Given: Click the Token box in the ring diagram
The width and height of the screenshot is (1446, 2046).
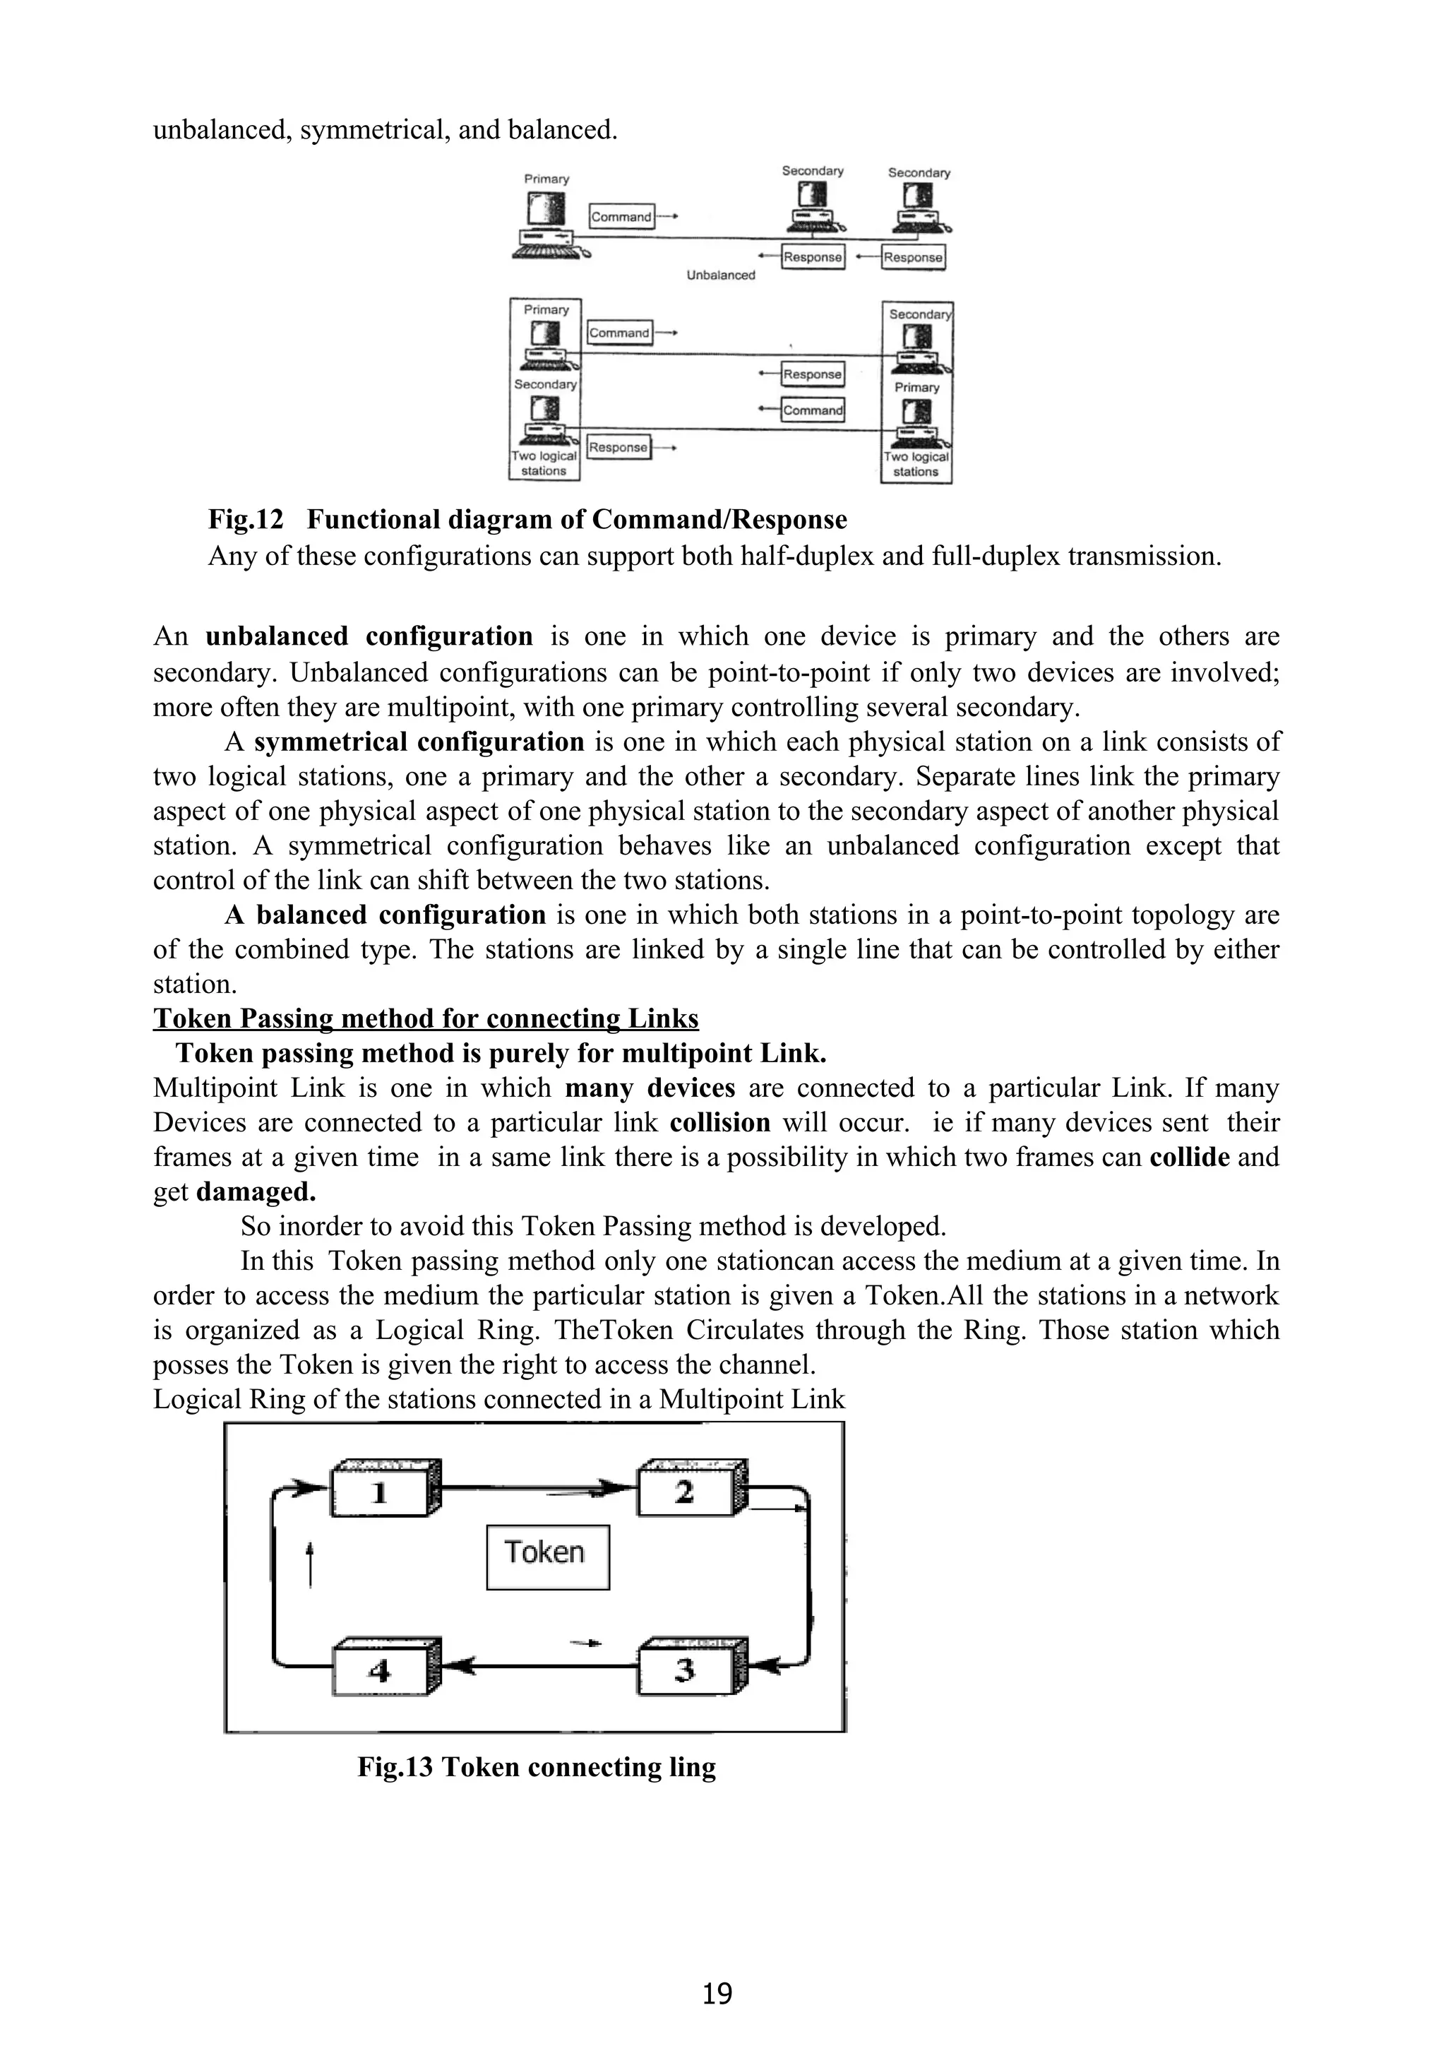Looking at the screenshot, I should [x=547, y=1557].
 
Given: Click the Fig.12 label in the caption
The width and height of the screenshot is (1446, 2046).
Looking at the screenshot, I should [x=245, y=520].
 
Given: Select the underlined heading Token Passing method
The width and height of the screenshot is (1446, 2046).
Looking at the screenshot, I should [x=426, y=1018].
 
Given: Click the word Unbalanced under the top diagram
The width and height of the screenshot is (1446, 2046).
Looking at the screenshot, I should [x=720, y=275].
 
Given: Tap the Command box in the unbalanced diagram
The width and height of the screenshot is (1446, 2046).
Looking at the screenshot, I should [x=621, y=217].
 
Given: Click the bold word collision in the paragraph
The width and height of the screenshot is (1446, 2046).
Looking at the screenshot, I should [x=720, y=1123].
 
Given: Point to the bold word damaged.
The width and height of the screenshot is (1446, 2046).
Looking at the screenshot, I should [x=256, y=1192].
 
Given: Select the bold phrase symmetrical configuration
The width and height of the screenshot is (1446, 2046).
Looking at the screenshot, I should [x=419, y=742].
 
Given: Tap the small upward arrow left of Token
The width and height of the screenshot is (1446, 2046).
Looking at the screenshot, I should [x=309, y=1566].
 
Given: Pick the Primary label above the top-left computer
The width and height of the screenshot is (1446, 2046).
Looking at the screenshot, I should [x=546, y=179].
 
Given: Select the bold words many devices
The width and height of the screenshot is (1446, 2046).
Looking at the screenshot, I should [x=650, y=1088].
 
